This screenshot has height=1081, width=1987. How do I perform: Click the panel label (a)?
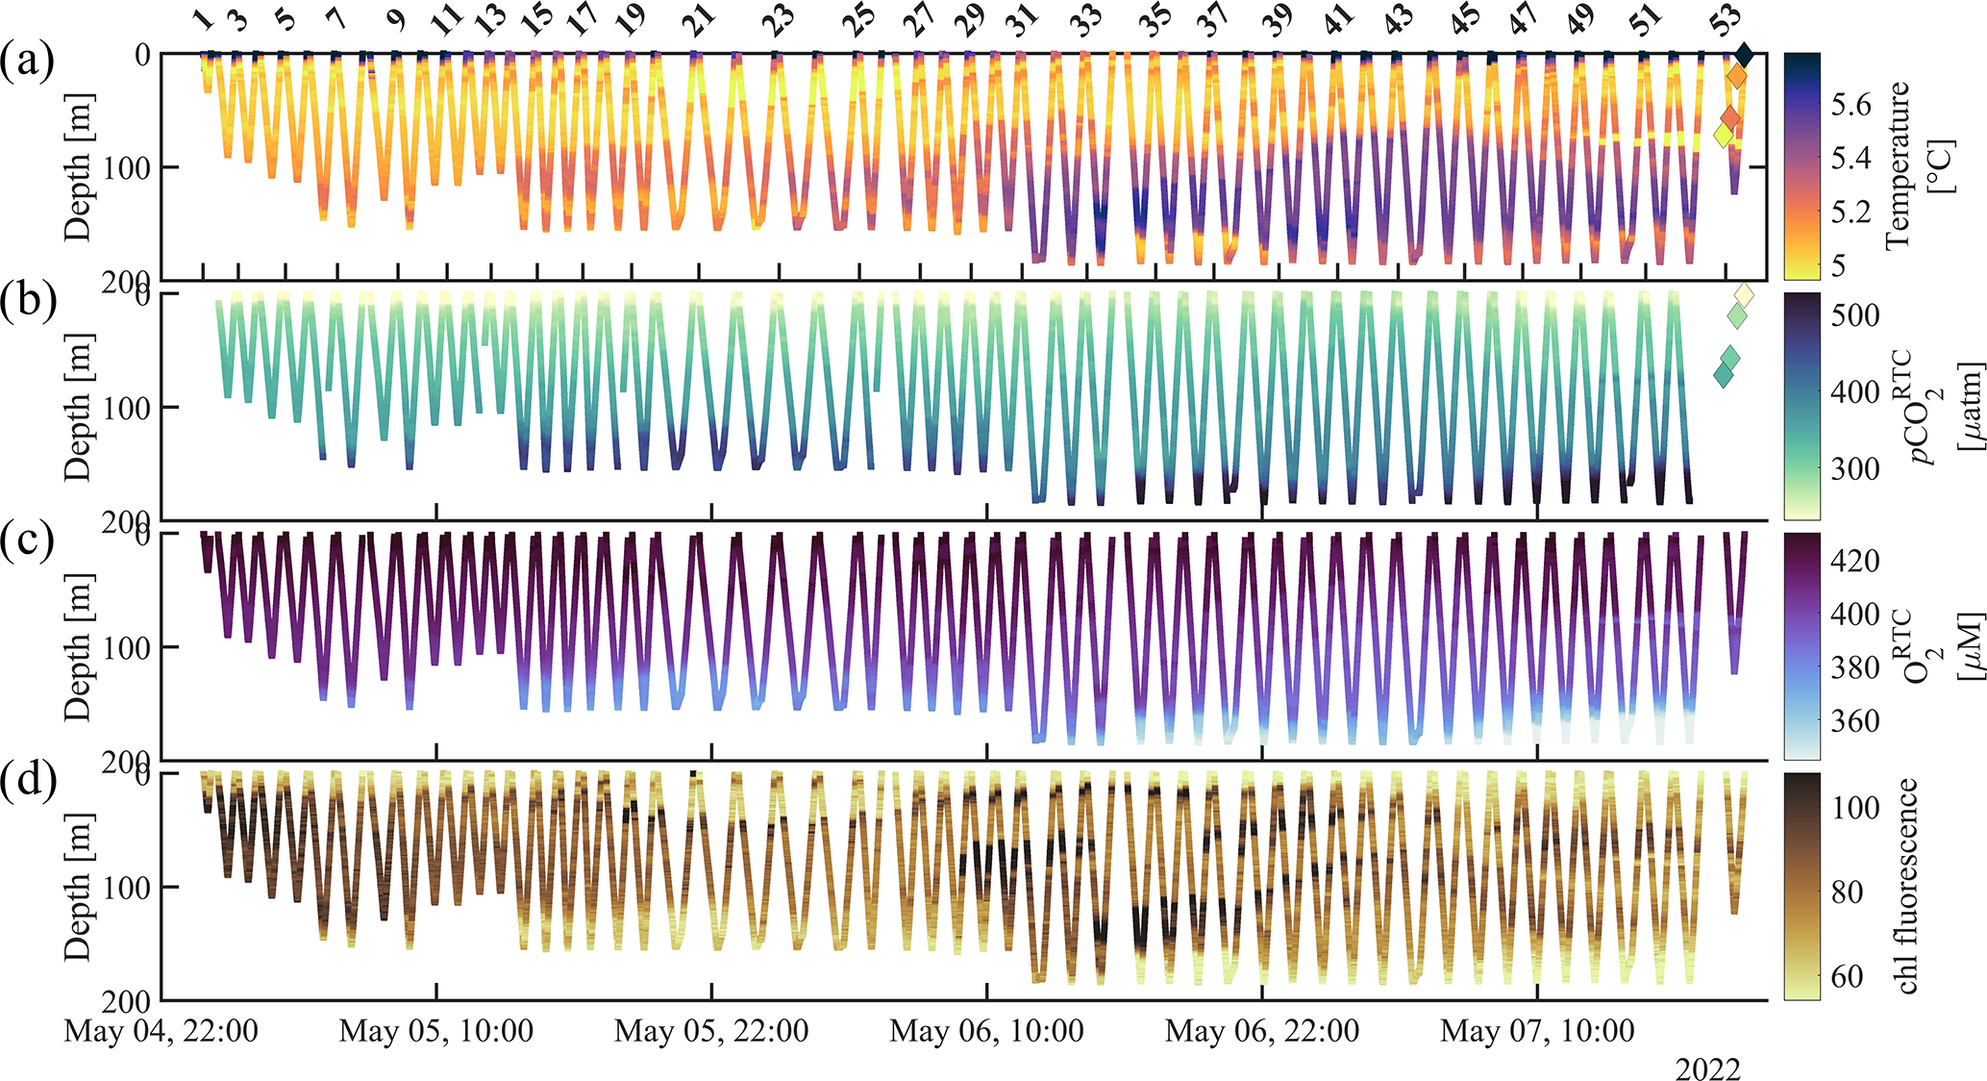[x=27, y=61]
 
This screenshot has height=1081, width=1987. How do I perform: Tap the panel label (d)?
[x=27, y=780]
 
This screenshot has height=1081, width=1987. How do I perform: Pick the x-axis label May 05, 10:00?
[x=436, y=1032]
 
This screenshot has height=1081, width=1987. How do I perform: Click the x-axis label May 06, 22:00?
[x=1262, y=1032]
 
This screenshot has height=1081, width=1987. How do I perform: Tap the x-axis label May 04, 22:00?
[x=161, y=1032]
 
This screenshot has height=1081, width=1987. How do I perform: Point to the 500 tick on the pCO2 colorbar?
[x=1855, y=315]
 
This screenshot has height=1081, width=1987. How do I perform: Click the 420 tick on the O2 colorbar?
[x=1855, y=561]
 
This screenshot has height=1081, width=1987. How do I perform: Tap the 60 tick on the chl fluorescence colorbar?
[x=1847, y=977]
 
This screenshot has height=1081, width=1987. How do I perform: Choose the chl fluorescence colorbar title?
[x=1901, y=886]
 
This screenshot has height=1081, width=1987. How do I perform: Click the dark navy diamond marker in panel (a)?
[x=1744, y=55]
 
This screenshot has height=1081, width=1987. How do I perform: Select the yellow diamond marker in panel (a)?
[x=1724, y=136]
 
